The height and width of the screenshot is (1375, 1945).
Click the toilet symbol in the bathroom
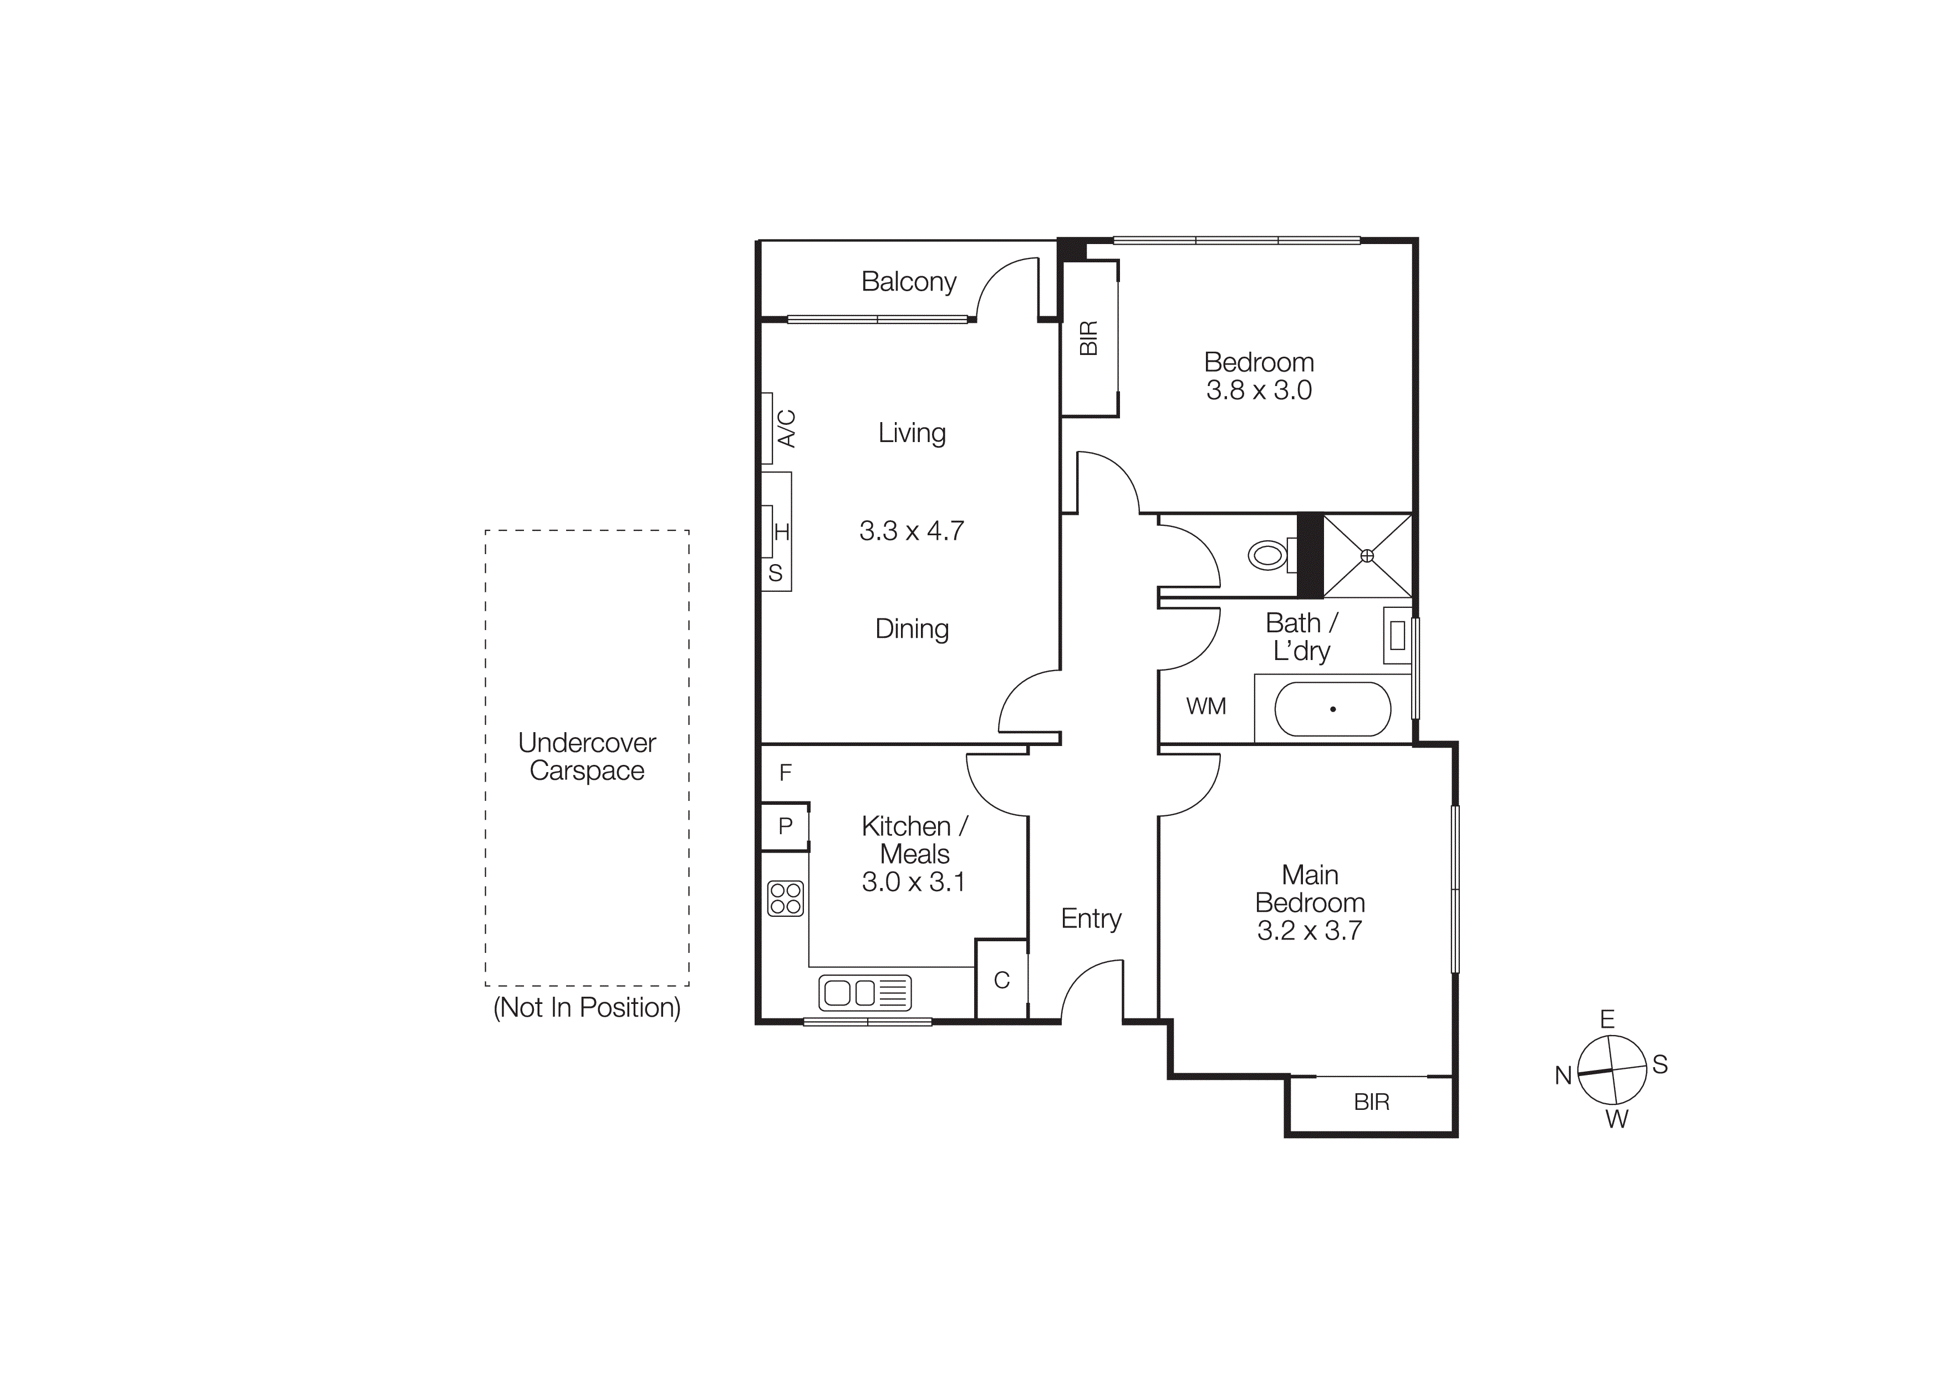coord(1267,556)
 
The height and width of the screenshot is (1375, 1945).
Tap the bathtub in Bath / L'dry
coord(1332,709)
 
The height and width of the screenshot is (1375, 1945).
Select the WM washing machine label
coord(1205,706)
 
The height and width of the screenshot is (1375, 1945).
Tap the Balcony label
coord(908,281)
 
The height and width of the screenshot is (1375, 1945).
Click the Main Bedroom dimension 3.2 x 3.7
coord(1309,930)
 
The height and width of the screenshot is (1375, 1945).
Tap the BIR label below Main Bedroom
coord(1372,1102)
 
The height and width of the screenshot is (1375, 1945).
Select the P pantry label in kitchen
coord(785,826)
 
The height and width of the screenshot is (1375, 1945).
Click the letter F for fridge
coord(785,772)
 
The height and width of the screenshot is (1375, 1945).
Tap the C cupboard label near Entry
coord(1001,980)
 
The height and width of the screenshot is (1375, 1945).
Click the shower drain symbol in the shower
coord(1366,556)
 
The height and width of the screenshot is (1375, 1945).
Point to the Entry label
coord(1091,919)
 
